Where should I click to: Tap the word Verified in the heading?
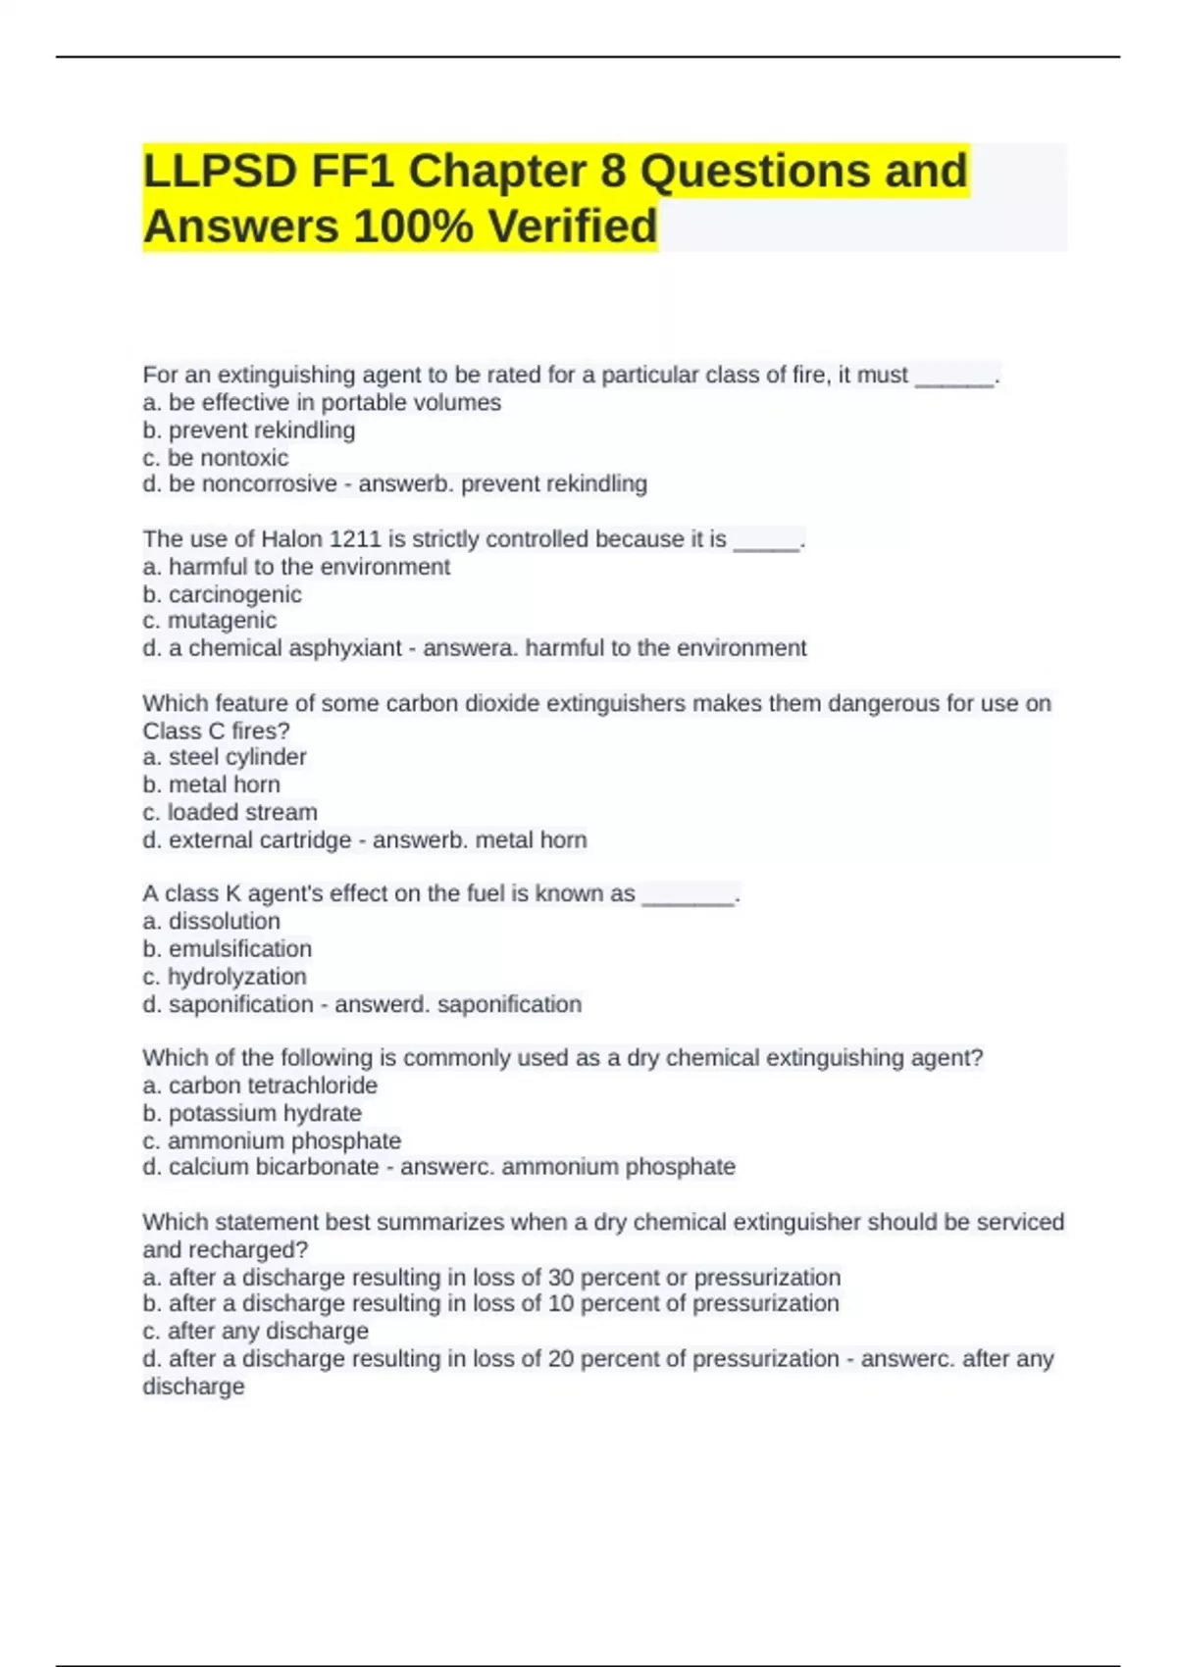(x=573, y=227)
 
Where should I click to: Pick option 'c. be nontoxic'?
(x=216, y=458)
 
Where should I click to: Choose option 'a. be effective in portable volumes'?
(x=322, y=403)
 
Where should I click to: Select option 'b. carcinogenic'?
(x=222, y=594)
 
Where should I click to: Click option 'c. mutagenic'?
(x=209, y=621)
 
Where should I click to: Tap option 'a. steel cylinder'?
(x=225, y=757)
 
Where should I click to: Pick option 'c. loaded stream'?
(x=230, y=812)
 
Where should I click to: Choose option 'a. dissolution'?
(x=211, y=922)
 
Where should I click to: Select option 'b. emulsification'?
(x=227, y=949)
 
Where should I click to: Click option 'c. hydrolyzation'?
(x=224, y=977)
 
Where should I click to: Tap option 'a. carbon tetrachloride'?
(x=260, y=1086)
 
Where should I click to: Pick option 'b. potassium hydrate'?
(x=252, y=1113)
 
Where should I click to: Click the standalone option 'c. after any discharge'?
(x=255, y=1332)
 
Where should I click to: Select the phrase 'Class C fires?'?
(x=216, y=731)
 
